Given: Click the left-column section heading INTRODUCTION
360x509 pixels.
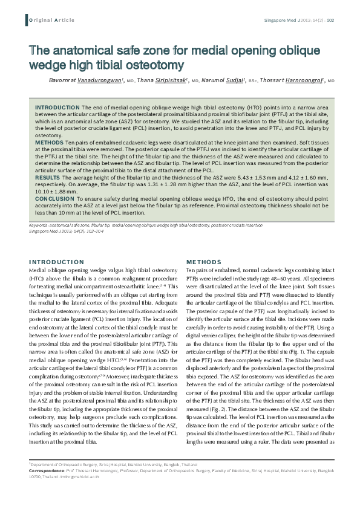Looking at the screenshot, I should pos(56,261).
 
